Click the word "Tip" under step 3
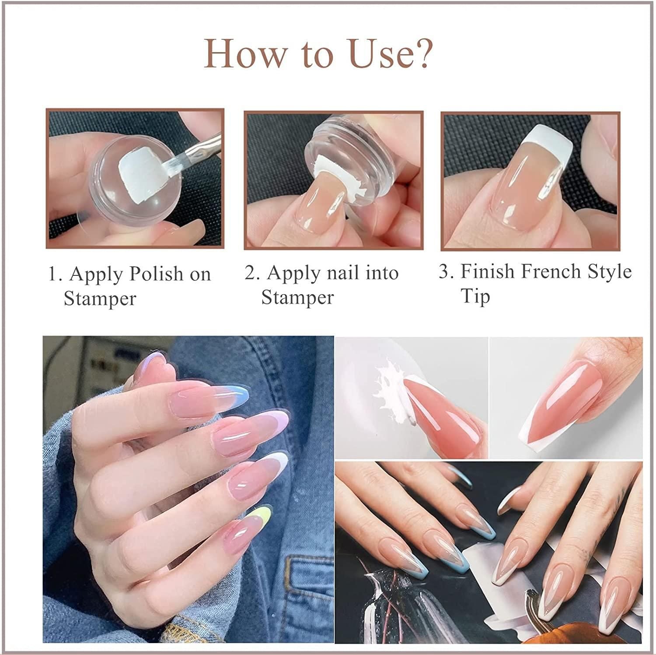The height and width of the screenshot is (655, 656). click(475, 296)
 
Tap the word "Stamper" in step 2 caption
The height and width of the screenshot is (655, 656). click(297, 298)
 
